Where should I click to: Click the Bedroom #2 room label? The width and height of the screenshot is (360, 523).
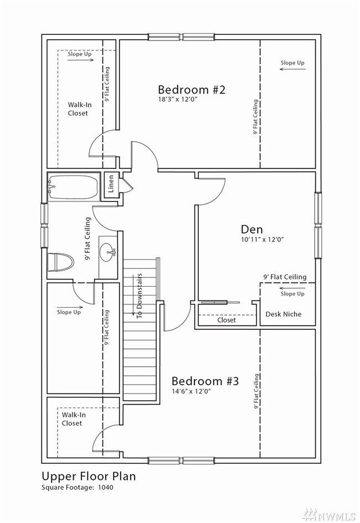pyautogui.click(x=192, y=90)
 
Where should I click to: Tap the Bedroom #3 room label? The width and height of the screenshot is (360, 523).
pyautogui.click(x=205, y=381)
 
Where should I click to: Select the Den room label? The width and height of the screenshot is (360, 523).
pyautogui.click(x=252, y=229)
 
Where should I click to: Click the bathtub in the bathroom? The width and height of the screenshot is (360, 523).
pyautogui.click(x=74, y=187)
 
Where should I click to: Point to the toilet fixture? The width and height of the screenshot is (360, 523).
pyautogui.click(x=60, y=262)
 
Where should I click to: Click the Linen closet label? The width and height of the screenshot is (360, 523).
pyautogui.click(x=111, y=184)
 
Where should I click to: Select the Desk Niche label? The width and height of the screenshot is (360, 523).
pyautogui.click(x=283, y=314)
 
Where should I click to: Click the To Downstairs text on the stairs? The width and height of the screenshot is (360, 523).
pyautogui.click(x=139, y=296)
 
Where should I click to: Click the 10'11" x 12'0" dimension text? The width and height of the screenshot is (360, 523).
pyautogui.click(x=262, y=239)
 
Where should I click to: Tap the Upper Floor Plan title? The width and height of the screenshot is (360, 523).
pyautogui.click(x=89, y=476)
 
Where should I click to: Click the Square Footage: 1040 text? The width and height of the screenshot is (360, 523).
pyautogui.click(x=78, y=488)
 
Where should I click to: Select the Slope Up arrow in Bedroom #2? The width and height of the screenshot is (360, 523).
pyautogui.click(x=292, y=69)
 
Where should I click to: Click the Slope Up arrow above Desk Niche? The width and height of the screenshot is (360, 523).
pyautogui.click(x=292, y=288)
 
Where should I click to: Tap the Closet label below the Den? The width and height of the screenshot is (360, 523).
pyautogui.click(x=227, y=320)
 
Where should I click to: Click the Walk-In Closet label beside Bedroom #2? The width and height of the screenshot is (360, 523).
pyautogui.click(x=79, y=108)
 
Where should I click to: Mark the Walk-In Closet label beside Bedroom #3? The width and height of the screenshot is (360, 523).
pyautogui.click(x=74, y=419)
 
